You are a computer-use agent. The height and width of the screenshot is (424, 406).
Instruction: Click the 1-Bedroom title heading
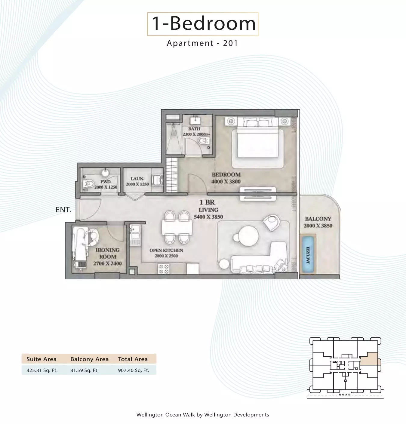203,24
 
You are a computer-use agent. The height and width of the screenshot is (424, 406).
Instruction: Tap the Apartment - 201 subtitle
202,43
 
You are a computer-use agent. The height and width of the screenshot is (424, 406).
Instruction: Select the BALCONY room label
318,219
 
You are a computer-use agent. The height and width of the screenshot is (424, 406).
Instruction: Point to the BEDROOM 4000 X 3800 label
226,178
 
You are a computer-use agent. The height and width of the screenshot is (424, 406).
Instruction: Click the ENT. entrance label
63,210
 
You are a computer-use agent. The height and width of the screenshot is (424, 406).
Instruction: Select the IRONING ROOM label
107,253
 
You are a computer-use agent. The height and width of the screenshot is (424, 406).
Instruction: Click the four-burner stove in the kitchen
163,269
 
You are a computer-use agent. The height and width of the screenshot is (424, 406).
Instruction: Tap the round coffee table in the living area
248,236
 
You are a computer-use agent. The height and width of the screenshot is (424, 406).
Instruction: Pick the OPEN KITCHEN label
166,250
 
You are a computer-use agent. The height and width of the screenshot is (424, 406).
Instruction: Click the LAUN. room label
137,179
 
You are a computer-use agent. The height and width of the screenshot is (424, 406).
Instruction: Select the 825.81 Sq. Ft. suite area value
42,370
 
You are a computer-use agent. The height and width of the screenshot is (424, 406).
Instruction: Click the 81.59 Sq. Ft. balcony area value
84,370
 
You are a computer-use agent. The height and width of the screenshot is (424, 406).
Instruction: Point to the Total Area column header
133,359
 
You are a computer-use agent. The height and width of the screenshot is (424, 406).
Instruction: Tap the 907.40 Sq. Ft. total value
134,370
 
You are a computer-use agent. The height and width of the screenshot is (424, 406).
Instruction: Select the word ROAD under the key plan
345,395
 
